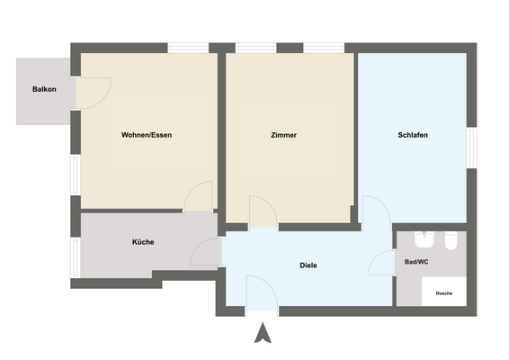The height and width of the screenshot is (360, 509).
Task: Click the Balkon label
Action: (x=44, y=89)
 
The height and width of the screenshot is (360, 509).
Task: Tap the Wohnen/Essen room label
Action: (x=147, y=135)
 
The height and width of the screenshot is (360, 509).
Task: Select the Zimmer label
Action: (x=283, y=135)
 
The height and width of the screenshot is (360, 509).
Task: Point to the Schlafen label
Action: (x=412, y=135)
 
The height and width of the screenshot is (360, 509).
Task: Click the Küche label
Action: (x=143, y=242)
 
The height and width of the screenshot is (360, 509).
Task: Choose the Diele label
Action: (x=308, y=265)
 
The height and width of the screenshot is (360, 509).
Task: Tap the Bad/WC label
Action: (x=416, y=262)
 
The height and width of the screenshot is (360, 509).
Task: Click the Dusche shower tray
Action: (x=444, y=293)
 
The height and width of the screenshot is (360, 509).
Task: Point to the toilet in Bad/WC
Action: (x=451, y=240)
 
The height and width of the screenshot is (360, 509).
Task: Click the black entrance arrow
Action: (x=263, y=333)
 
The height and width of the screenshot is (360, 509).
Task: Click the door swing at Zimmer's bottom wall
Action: (x=262, y=212)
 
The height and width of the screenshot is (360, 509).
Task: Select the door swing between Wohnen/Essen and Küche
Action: (x=199, y=197)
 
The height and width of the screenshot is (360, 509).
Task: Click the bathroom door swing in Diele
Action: (x=383, y=263)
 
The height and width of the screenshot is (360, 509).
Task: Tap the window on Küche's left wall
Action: (x=76, y=256)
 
